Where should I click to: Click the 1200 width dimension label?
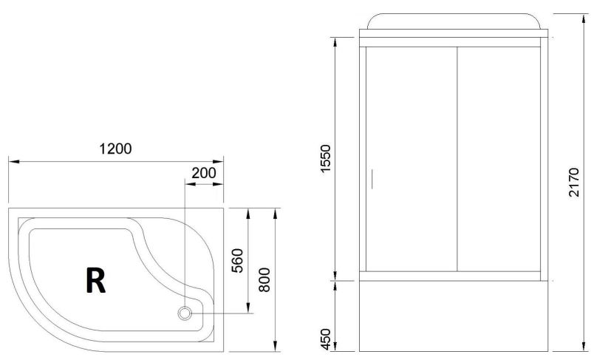click(115, 149)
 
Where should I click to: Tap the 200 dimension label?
click(204, 173)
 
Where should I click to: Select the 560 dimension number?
click(237, 260)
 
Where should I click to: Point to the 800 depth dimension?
click(264, 279)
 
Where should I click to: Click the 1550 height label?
click(325, 159)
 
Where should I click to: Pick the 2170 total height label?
click(573, 182)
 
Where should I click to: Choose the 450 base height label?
click(325, 339)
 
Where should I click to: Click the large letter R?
click(96, 280)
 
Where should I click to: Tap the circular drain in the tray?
click(185, 313)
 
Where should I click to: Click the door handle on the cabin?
click(372, 179)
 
